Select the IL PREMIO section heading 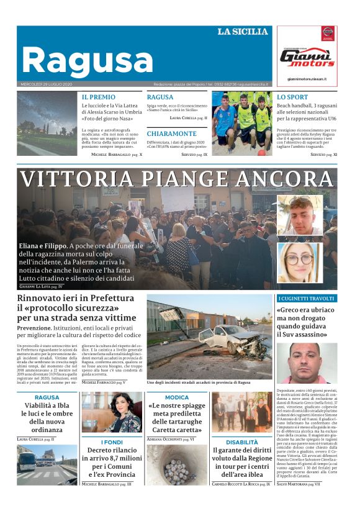pos(99,97)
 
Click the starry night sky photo pos(47,125)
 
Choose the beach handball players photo pos(241,123)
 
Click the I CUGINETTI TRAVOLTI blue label pos(307,299)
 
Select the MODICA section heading pos(177,397)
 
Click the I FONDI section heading pos(112,442)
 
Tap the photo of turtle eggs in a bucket pos(176,464)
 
